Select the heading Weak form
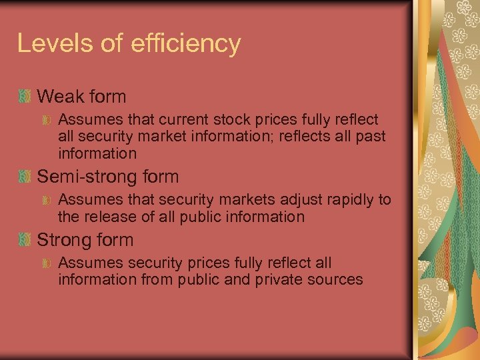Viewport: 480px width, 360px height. pos(81,97)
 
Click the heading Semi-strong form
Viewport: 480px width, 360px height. pos(108,177)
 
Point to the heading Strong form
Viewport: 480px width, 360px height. pos(85,240)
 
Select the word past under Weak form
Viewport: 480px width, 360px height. pos(369,137)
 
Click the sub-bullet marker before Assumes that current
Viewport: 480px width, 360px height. pos(47,121)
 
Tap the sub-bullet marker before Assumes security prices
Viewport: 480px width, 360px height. pos(47,264)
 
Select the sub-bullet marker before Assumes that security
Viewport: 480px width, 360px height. pos(47,201)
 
